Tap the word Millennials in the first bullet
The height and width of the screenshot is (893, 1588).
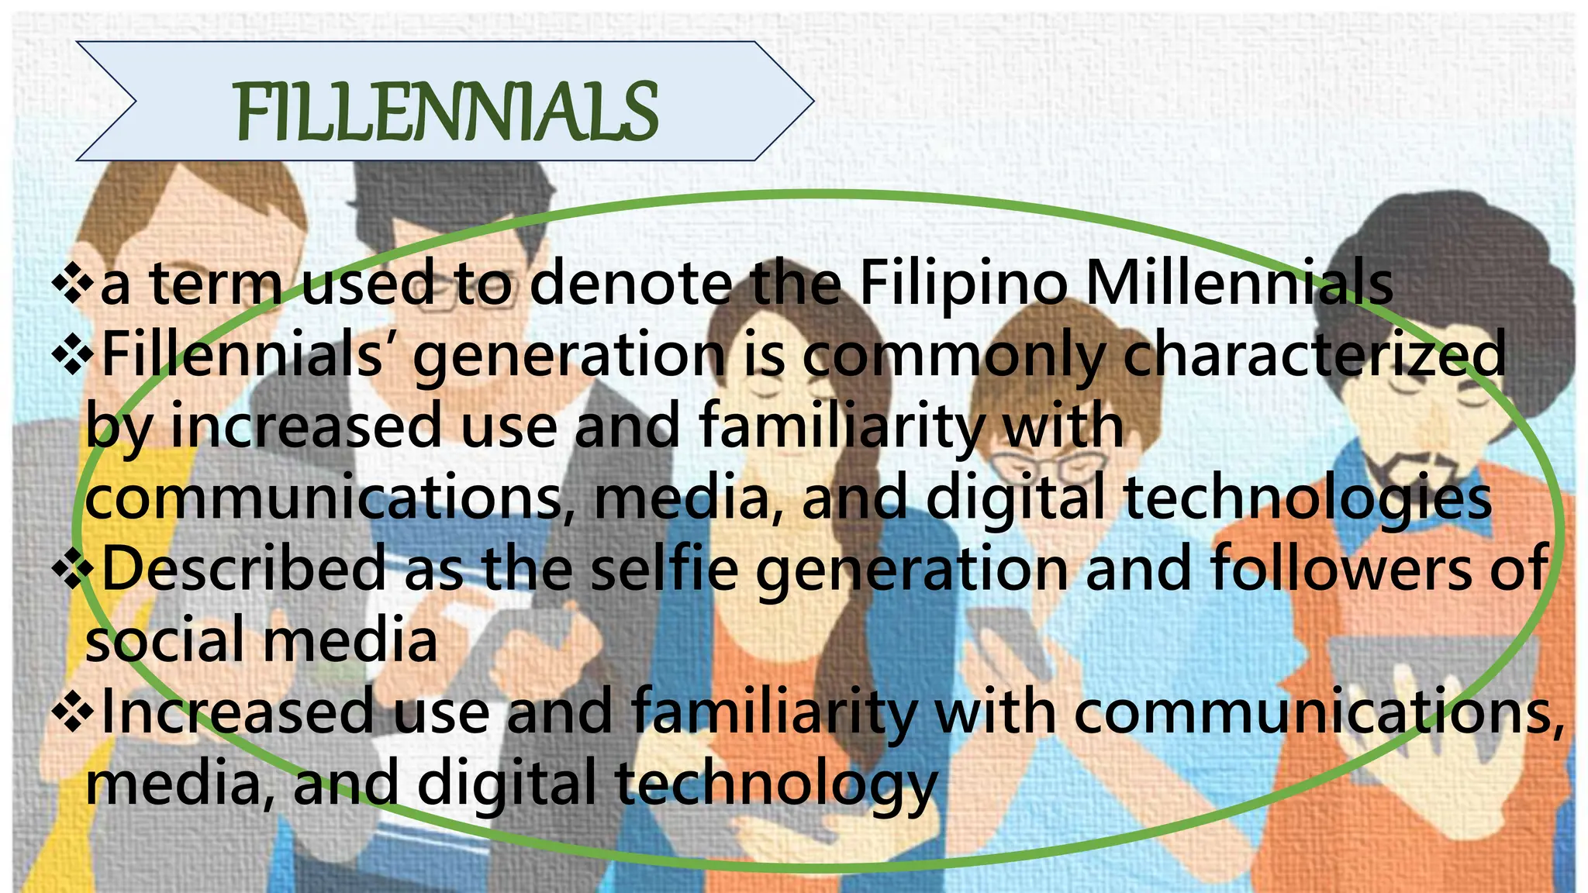pyautogui.click(x=1238, y=284)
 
